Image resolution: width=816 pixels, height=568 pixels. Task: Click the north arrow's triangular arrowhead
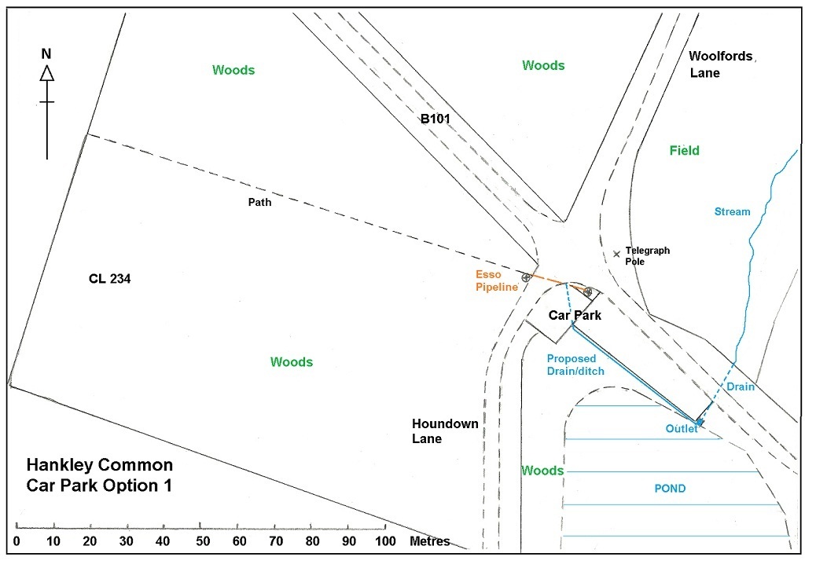(46, 73)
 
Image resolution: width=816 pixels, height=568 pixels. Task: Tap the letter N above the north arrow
(46, 54)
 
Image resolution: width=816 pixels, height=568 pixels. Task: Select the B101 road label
(434, 119)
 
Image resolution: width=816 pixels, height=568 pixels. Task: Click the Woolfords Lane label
(719, 64)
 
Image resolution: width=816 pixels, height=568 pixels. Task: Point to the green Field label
(684, 151)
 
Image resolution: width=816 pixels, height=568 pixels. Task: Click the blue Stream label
(732, 211)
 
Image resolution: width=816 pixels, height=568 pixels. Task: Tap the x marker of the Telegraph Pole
(616, 254)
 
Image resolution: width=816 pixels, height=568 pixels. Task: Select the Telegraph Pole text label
(648, 256)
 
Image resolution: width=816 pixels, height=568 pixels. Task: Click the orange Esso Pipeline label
(496, 280)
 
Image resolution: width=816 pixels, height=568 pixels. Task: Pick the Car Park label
(575, 316)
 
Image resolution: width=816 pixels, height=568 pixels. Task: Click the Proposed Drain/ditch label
(575, 365)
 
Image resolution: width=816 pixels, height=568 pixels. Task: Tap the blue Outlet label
(682, 428)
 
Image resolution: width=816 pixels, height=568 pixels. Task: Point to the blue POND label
(670, 489)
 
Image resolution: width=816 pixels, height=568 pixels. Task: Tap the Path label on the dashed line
(259, 202)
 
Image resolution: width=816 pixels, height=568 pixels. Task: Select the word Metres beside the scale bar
(429, 541)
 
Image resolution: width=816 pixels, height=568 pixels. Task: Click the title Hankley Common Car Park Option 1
(99, 475)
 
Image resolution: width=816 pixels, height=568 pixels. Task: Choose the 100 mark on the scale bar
(384, 541)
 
